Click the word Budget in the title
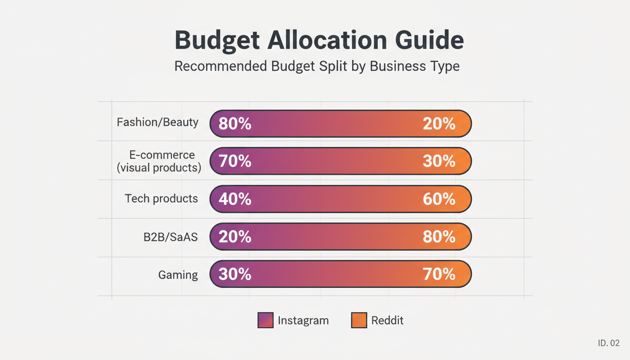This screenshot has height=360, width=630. pos(217,41)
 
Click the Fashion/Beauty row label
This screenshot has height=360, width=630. pos(157,123)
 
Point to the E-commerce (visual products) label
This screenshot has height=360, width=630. pos(159,161)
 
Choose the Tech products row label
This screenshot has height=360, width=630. pos(161,199)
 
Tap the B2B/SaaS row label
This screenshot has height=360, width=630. pos(171,237)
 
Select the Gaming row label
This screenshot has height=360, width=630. pos(178,275)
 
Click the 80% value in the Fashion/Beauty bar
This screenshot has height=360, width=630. pos(235,124)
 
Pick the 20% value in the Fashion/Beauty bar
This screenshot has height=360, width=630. pos(439,124)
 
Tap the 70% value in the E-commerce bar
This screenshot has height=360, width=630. pos(235,161)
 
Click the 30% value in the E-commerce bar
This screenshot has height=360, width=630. pos(439,161)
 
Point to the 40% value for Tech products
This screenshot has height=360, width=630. pos(235,199)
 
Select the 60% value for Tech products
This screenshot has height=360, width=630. pos(439,199)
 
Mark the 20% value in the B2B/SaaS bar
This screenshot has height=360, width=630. pos(235,237)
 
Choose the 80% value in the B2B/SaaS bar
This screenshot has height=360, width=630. pos(439,237)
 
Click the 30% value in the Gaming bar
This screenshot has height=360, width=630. pos(235,274)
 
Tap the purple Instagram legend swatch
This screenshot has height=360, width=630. pos(265,321)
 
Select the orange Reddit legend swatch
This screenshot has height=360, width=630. pos(359,321)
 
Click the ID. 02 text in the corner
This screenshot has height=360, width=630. pos(608,344)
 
